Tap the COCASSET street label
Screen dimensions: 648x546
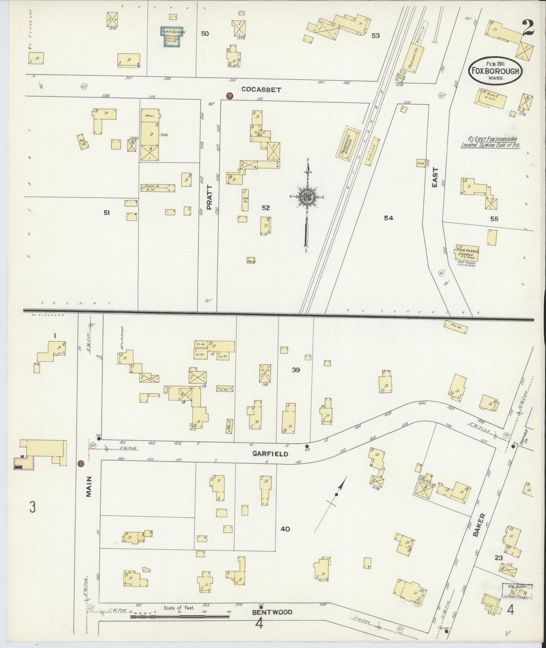pyautogui.click(x=261, y=90)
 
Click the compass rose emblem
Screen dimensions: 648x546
pyautogui.click(x=307, y=197)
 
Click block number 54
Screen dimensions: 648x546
pyautogui.click(x=388, y=218)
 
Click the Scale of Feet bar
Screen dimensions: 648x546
pyautogui.click(x=179, y=617)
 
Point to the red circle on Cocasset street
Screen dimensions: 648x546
pyautogui.click(x=229, y=96)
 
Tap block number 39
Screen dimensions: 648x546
pyautogui.click(x=295, y=370)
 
